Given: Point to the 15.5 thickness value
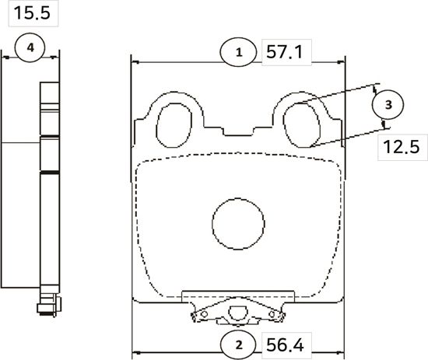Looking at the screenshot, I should pos(25,13).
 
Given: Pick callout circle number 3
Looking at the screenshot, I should pos(389,103).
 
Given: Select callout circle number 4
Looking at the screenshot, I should pos(30,48).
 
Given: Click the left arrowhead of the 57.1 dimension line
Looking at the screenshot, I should pos(135,61).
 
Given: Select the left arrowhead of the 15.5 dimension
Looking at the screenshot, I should pos(6,57).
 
